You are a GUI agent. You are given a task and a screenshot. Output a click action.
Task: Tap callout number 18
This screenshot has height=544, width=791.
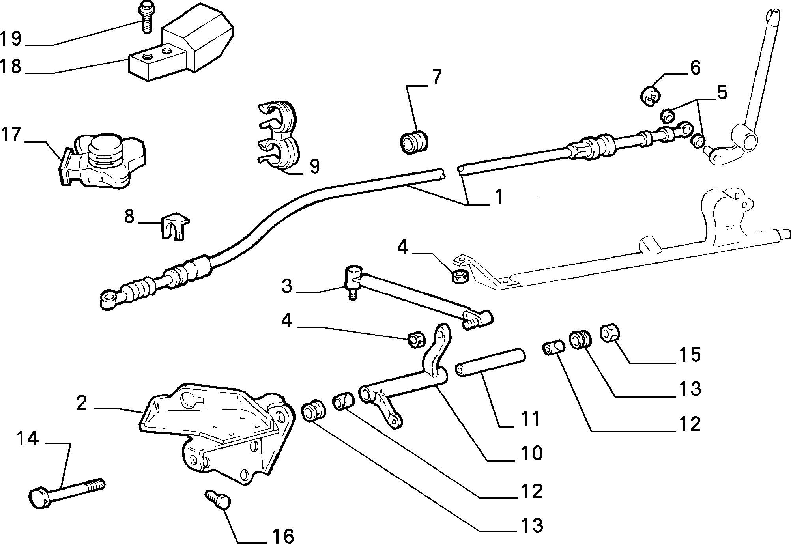pos(11,66)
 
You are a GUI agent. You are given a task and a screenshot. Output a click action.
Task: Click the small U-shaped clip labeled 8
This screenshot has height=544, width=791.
pos(175,226)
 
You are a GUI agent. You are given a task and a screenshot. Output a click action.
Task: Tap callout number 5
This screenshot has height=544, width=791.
pos(722,93)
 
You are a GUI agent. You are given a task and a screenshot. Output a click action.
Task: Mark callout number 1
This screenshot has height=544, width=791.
pos(499,196)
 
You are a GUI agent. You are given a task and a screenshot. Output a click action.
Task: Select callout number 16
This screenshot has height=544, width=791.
pos(283,536)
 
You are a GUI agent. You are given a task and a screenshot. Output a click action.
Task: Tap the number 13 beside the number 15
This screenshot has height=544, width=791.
pos(690,389)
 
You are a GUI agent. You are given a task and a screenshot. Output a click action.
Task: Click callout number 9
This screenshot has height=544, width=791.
pos(314,166)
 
